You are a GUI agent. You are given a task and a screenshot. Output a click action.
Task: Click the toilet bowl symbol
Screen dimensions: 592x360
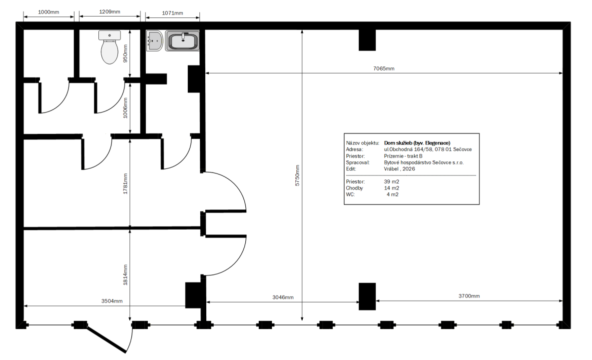109,47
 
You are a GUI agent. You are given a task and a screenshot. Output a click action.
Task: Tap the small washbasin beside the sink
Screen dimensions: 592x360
155,40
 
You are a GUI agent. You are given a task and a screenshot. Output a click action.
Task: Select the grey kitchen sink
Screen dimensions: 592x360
183,41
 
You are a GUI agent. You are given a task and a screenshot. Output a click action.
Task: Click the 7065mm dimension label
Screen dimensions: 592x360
384,68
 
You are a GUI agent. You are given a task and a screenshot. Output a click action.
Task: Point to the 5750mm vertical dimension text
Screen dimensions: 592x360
298,175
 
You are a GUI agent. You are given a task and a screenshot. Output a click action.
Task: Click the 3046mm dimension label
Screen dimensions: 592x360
283,297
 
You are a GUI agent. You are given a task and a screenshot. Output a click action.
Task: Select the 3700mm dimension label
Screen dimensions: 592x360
469,296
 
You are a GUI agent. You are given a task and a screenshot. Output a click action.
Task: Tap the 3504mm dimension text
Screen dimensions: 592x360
112,301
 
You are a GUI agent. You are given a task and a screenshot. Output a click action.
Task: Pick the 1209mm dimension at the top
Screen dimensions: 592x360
109,11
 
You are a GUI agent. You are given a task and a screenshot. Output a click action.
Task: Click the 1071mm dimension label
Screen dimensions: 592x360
172,13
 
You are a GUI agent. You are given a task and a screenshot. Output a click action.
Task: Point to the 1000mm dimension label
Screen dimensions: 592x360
48,12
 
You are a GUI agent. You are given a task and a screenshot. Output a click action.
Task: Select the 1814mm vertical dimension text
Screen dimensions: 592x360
125,274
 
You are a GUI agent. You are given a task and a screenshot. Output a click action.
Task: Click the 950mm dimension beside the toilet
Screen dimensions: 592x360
125,53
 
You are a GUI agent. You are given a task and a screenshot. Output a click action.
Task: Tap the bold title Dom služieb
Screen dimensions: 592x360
417,143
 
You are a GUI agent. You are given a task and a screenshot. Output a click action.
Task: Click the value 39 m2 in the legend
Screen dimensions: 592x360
392,181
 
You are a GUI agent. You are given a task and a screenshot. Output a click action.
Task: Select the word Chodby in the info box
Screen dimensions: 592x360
355,188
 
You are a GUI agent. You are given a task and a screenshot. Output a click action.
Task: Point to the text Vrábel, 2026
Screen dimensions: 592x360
400,169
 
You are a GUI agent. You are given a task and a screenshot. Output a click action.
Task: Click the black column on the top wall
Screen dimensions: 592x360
367,40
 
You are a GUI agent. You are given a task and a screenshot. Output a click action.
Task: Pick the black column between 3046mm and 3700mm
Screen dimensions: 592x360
367,296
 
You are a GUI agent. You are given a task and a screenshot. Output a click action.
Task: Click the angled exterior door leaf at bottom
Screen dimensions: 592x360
106,340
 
